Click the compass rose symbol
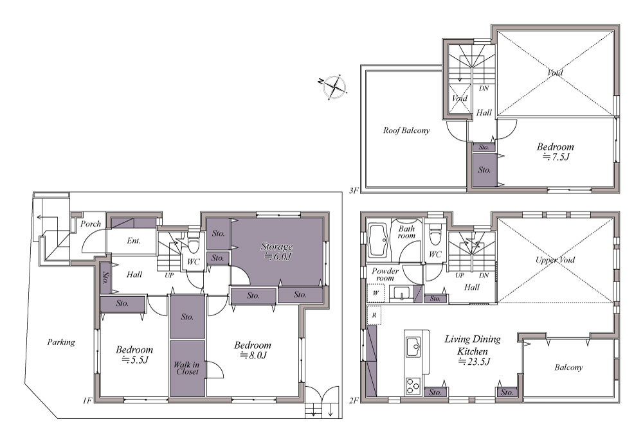click(334, 87)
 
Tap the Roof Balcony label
click(406, 130)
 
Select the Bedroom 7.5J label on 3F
click(556, 151)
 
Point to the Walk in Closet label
click(187, 368)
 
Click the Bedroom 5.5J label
click(134, 355)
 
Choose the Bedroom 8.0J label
click(253, 350)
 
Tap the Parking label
click(61, 342)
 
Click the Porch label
click(91, 224)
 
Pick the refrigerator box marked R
click(374, 316)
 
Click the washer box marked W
click(376, 294)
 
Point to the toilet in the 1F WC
click(193, 244)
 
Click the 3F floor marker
click(354, 190)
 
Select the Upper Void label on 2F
click(556, 260)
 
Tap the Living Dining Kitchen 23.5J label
click(473, 350)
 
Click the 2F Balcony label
click(568, 367)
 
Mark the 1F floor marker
click(87, 400)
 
